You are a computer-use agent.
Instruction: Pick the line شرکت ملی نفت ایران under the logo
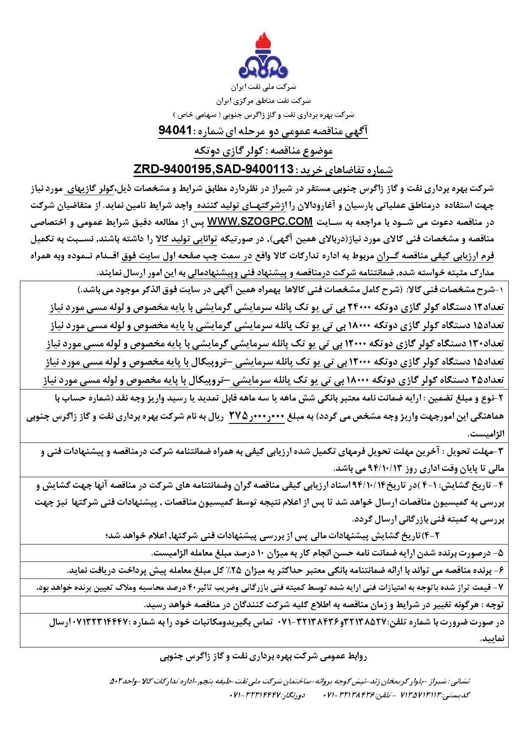(x=264, y=87)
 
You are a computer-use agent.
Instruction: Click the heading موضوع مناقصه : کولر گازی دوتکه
(x=263, y=151)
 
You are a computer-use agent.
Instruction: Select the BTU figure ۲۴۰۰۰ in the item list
(x=381, y=308)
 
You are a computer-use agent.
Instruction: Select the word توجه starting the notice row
(x=494, y=605)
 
